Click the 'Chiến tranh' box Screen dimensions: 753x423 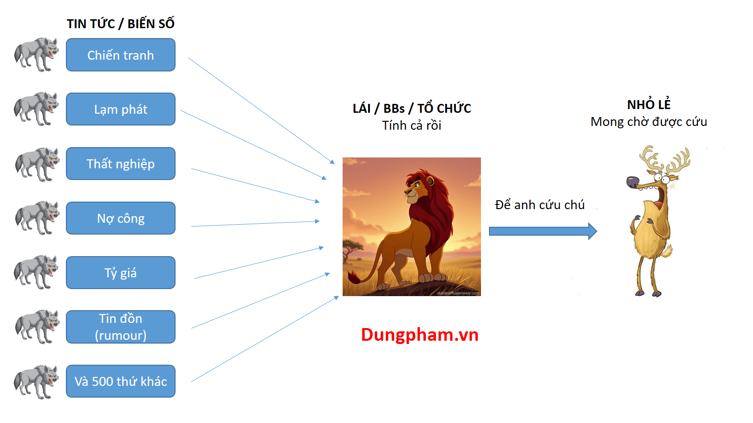(x=120, y=55)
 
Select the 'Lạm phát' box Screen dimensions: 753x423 (x=120, y=109)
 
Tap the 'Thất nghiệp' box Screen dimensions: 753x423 (x=120, y=164)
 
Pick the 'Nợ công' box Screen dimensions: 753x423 (x=120, y=218)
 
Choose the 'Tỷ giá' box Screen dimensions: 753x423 (x=120, y=273)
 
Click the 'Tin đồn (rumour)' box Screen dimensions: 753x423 (x=120, y=327)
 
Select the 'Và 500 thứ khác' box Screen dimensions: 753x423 (x=120, y=381)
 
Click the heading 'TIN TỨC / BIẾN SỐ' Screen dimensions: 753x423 (x=120, y=23)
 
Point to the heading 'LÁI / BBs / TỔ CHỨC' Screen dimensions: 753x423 (x=412, y=109)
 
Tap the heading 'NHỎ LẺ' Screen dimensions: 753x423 (x=649, y=104)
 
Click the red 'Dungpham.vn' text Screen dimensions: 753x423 (x=420, y=335)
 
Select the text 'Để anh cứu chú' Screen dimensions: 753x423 (x=540, y=205)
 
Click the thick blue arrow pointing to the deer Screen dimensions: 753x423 (x=543, y=231)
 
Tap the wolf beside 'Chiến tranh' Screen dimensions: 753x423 (x=36, y=55)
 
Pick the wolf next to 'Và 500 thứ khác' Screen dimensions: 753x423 (x=36, y=382)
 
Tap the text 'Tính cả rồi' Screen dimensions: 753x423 (x=412, y=125)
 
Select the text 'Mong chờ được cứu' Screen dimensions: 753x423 (x=649, y=122)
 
